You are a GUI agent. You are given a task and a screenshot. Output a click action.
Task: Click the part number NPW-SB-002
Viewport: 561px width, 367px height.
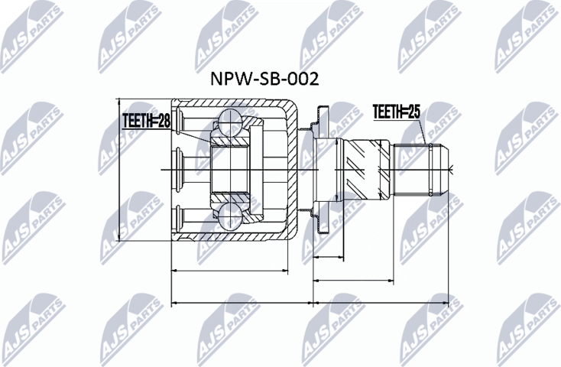pos(264,79)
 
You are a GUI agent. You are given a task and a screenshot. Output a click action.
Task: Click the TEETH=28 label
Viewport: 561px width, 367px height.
pos(146,120)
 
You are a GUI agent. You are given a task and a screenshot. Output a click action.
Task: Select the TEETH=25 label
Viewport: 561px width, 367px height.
pos(397,112)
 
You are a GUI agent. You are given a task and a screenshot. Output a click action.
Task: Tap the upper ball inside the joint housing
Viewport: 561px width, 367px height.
pos(231,122)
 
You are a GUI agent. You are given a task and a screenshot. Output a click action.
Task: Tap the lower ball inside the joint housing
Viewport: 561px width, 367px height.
pos(231,216)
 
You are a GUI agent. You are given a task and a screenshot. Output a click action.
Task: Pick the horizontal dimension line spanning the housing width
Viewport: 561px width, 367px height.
pos(229,270)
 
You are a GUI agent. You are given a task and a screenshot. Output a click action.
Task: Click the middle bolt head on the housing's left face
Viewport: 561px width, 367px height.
pos(180,169)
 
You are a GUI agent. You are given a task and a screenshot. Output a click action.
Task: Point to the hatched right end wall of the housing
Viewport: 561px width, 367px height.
pos(293,169)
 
